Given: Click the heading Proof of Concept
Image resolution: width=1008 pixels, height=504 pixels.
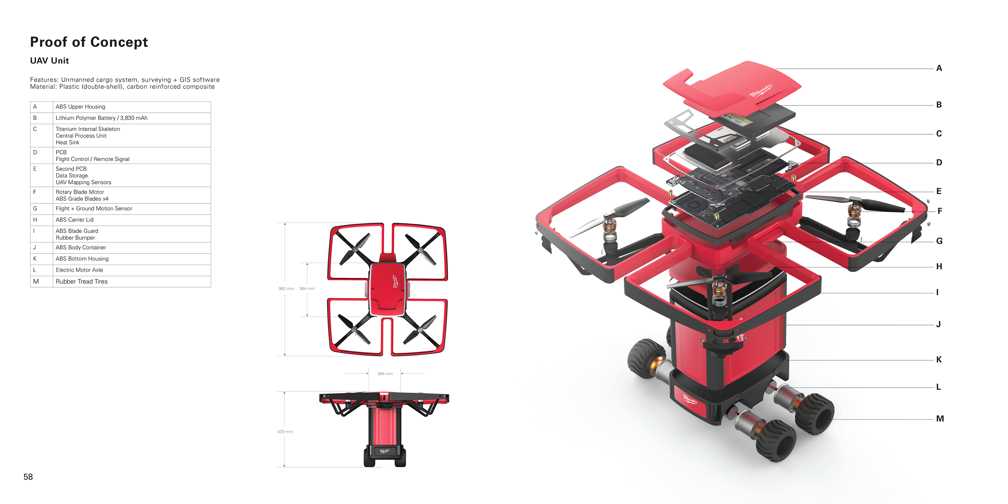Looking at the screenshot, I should (89, 42).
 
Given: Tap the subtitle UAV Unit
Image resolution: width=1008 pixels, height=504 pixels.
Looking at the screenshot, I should (49, 60).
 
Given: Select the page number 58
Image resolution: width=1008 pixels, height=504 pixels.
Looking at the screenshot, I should (28, 477).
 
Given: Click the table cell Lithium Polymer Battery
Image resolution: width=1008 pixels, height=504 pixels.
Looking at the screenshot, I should (102, 118).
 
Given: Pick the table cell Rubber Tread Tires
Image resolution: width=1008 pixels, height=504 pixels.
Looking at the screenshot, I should (81, 282).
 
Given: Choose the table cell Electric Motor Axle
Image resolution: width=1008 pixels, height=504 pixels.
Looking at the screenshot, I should (79, 270).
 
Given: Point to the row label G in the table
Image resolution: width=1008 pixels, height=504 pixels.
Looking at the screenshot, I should (35, 208).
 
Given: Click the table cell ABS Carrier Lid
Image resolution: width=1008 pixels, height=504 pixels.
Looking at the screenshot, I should (75, 220).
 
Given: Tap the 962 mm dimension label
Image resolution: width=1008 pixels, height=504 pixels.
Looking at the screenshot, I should (286, 288).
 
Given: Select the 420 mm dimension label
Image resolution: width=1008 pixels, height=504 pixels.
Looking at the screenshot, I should (285, 432).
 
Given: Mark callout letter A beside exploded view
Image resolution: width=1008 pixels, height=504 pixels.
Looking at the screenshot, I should (939, 68).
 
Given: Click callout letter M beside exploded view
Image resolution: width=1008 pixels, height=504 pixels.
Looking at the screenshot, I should (940, 418).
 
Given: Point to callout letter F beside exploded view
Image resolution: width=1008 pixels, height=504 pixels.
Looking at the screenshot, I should (940, 211).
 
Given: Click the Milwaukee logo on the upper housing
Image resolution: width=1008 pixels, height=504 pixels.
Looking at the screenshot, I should (761, 90).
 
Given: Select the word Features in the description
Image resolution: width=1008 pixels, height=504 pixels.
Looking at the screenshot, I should (44, 80).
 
